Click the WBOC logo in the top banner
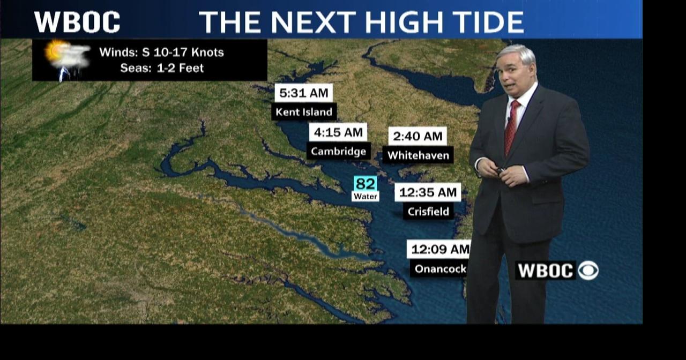pyautogui.click(x=77, y=21)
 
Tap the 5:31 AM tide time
pyautogui.click(x=303, y=93)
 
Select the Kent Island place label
pyautogui.click(x=304, y=112)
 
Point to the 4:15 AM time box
pyautogui.click(x=338, y=132)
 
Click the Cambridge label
pyautogui.click(x=338, y=151)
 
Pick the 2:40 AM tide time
pyautogui.click(x=417, y=136)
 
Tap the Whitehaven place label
pyautogui.click(x=417, y=155)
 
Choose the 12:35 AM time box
pyautogui.click(x=428, y=192)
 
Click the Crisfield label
pyautogui.click(x=428, y=211)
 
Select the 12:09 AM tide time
pyautogui.click(x=439, y=249)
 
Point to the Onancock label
pyautogui.click(x=439, y=268)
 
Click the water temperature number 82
pyautogui.click(x=366, y=184)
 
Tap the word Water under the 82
pyautogui.click(x=366, y=197)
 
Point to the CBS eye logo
pyautogui.click(x=588, y=271)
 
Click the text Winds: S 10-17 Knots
pyautogui.click(x=161, y=52)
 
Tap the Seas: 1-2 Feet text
pyautogui.click(x=162, y=68)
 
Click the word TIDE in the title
pyautogui.click(x=482, y=22)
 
